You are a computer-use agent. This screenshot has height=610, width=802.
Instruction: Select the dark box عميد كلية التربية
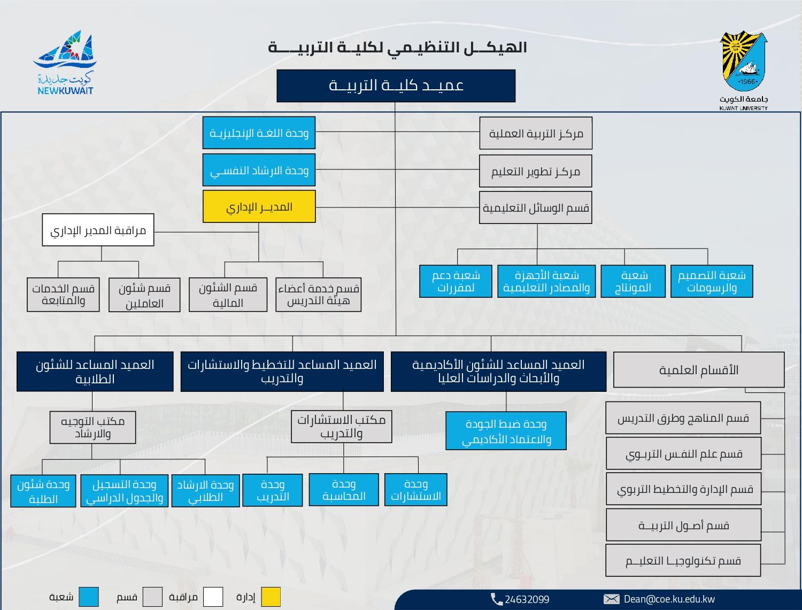[x=396, y=86]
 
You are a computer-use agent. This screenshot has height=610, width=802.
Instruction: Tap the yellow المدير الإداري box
[x=259, y=206]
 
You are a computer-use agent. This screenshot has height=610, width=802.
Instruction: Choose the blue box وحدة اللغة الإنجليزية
[x=259, y=133]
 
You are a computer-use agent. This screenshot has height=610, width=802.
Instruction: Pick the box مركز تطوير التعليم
[x=536, y=171]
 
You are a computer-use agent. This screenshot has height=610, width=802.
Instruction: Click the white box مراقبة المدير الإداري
[x=98, y=230]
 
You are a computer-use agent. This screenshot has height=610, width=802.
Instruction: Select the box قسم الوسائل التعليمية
[x=536, y=207]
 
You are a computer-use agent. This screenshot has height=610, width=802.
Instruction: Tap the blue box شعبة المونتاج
[x=633, y=281]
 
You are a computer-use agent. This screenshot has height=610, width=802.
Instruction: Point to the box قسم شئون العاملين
[x=144, y=295]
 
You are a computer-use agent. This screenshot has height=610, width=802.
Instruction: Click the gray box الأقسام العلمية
[x=699, y=369]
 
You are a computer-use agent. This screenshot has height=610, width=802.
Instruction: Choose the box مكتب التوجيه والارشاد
[x=93, y=427]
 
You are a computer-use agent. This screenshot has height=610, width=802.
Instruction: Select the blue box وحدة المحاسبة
[x=344, y=490]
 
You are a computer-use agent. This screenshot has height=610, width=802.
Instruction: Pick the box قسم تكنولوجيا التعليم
[x=683, y=560]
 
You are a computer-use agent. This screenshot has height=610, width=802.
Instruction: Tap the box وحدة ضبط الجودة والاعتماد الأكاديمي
[x=506, y=431]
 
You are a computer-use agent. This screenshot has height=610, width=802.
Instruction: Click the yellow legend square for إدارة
[x=271, y=597]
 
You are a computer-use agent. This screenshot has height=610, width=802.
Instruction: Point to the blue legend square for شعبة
[x=89, y=597]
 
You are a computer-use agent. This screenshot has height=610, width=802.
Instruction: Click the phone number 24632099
[x=527, y=599]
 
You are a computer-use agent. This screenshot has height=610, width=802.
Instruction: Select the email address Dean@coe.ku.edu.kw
[x=669, y=599]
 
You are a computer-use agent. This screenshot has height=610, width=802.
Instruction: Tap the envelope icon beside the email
[x=611, y=599]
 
